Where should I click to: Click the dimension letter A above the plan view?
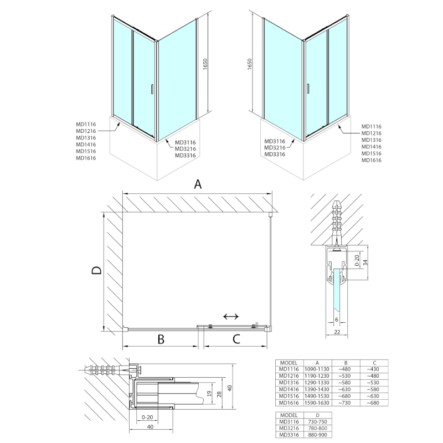coord(197,184)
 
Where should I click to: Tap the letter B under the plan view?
coord(161,339)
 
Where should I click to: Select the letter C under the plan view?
coord(235,339)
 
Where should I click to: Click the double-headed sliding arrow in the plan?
coord(230,316)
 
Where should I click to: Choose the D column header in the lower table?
coord(317,415)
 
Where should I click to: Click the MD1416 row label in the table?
coord(289,389)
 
